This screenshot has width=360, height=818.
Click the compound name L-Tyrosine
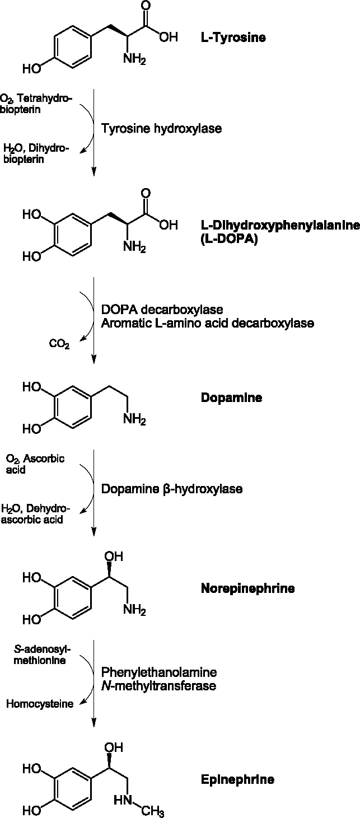(233, 38)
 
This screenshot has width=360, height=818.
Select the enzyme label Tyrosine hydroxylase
(161, 129)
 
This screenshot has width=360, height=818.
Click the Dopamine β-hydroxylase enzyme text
(171, 489)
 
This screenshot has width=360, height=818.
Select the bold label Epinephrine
(237, 779)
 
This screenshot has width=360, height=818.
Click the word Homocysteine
(40, 704)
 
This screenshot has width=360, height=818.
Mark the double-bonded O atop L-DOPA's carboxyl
(146, 194)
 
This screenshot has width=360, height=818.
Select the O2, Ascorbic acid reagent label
(35, 464)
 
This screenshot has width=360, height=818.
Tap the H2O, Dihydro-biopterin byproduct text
(35, 153)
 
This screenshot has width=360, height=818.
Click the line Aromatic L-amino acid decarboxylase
(207, 323)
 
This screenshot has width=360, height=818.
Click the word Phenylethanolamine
(158, 672)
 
